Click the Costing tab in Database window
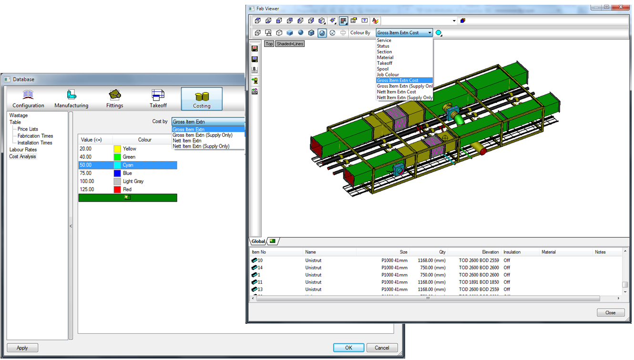tap(202, 99)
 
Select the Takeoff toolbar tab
tap(158, 99)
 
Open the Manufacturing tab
tap(72, 99)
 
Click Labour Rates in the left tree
tap(23, 149)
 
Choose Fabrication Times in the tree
tap(35, 136)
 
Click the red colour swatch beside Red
tap(117, 189)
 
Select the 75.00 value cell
tap(85, 173)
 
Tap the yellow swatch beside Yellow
tap(117, 149)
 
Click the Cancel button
tap(382, 348)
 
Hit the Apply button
tap(22, 348)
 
